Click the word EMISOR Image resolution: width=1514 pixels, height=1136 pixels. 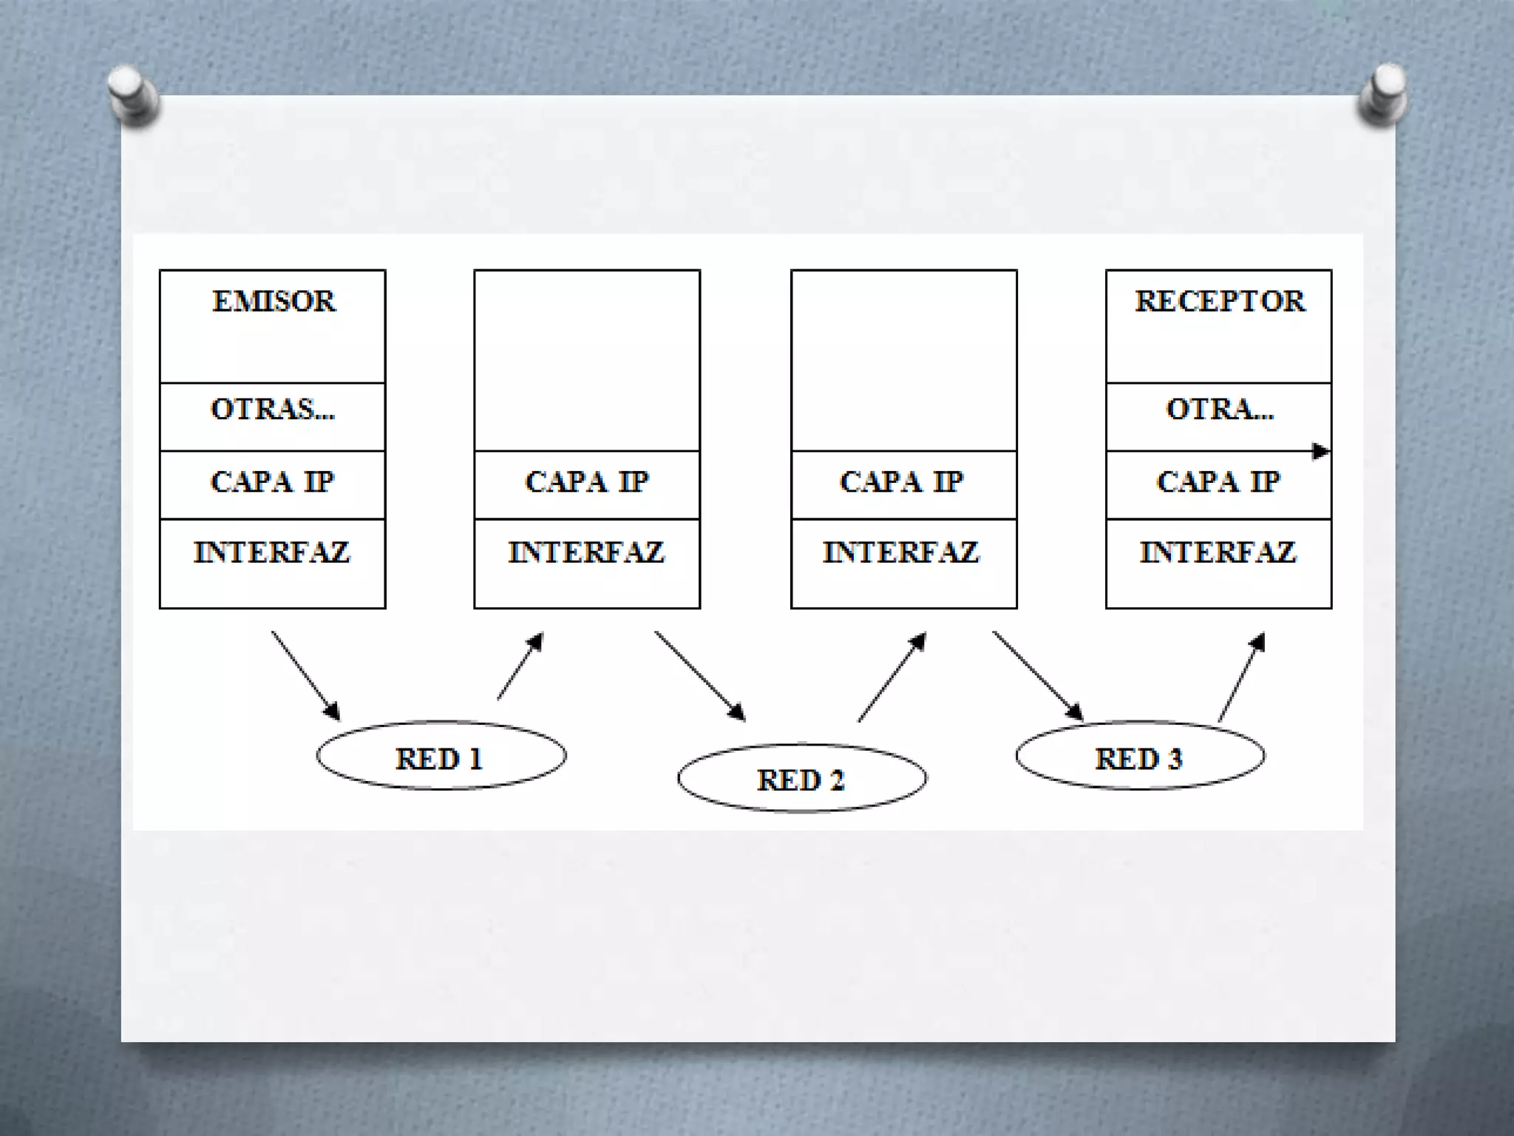(x=274, y=302)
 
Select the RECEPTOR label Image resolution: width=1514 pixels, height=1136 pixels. (x=1219, y=302)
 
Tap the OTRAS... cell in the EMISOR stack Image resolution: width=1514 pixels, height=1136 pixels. (x=273, y=410)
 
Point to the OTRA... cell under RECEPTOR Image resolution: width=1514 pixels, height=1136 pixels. (x=1219, y=410)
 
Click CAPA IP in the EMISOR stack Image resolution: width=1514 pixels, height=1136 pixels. (x=273, y=482)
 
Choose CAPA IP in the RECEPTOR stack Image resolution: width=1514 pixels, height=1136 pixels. (x=1218, y=482)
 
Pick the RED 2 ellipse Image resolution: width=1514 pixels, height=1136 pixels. (x=802, y=779)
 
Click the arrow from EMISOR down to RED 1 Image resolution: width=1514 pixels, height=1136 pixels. (x=305, y=675)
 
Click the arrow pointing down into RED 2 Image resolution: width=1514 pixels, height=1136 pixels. (x=699, y=675)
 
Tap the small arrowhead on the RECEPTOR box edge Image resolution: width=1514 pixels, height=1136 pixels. (x=1320, y=451)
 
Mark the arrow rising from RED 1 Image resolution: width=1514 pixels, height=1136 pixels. (x=520, y=666)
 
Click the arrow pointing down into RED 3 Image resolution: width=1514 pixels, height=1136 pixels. (x=1038, y=675)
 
